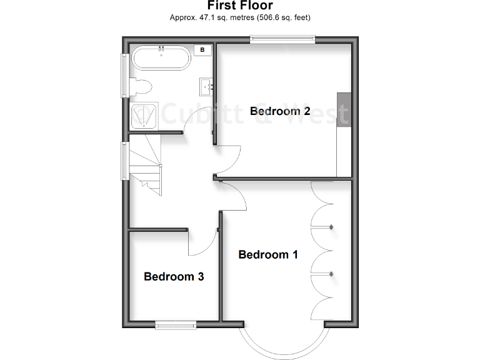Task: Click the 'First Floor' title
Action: pyautogui.click(x=240, y=6)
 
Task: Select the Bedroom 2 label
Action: pyautogui.click(x=280, y=111)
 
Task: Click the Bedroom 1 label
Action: pyautogui.click(x=268, y=254)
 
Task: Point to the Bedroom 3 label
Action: pyautogui.click(x=174, y=276)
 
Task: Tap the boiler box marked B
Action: pyautogui.click(x=203, y=50)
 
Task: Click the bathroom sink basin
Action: pyautogui.click(x=206, y=85)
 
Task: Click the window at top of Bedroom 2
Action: pyautogui.click(x=283, y=40)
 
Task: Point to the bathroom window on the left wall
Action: pyautogui.click(x=125, y=75)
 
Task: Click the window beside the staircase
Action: pyautogui.click(x=125, y=160)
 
